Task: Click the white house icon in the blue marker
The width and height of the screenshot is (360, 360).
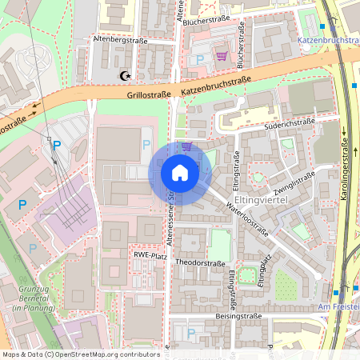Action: [180, 173]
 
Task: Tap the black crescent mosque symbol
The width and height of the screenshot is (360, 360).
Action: [124, 76]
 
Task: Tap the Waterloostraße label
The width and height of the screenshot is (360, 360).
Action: [246, 219]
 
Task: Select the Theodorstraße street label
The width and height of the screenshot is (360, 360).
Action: [200, 262]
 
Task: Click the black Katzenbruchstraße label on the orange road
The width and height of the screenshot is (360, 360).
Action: [217, 85]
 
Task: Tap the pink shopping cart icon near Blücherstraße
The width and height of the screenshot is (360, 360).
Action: [222, 56]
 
